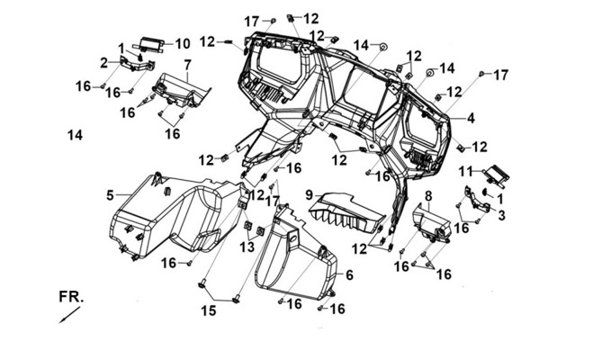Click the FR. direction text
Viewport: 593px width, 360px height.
point(71,297)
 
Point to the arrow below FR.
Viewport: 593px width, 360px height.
point(69,315)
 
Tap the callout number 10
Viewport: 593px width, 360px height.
point(183,44)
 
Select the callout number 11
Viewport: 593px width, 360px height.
point(466,172)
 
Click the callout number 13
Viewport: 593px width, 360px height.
point(247,247)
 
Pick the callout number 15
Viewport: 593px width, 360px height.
point(209,310)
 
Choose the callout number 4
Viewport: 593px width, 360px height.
point(471,119)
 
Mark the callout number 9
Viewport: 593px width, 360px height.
point(310,195)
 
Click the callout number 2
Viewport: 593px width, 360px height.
point(104,63)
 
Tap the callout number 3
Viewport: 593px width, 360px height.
point(501,215)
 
